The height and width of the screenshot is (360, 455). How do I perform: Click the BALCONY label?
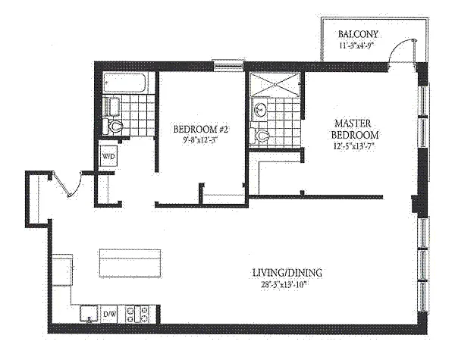358,34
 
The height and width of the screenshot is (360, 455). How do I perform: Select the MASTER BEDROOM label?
354,130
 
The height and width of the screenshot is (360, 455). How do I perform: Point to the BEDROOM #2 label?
201,129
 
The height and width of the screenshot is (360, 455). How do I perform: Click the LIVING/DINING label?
287,273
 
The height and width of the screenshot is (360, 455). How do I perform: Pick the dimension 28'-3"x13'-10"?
284,285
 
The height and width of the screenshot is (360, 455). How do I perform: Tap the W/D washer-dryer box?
108,156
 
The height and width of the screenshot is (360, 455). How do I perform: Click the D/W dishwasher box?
109,315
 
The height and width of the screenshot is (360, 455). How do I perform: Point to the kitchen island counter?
130,262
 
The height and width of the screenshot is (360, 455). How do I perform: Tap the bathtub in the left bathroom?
125,83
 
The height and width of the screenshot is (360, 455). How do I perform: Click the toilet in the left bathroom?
112,127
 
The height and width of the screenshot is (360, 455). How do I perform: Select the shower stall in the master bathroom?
275,84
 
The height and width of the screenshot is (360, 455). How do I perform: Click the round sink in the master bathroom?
260,110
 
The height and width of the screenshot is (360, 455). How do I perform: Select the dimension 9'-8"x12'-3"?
200,139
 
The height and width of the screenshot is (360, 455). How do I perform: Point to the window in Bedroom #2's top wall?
228,65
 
